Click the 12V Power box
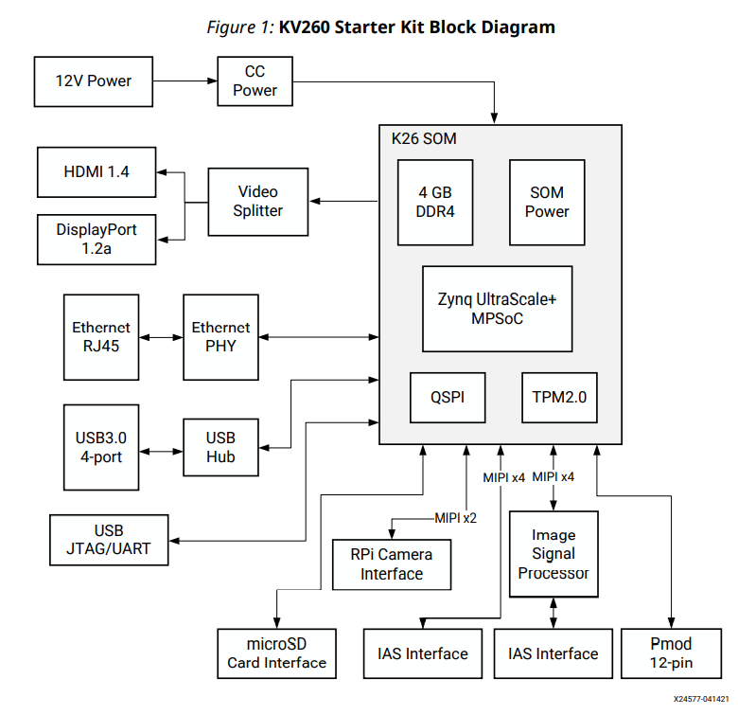[x=93, y=80]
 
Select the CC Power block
[x=255, y=80]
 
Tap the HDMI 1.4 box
[x=97, y=171]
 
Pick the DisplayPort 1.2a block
[x=97, y=240]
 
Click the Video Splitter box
[x=258, y=202]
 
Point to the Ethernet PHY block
[x=220, y=337]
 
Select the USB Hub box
[x=220, y=448]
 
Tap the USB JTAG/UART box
[x=109, y=540]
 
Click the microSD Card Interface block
[x=276, y=653]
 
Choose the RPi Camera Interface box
[x=392, y=564]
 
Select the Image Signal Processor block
[x=553, y=554]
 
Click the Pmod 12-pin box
[x=671, y=653]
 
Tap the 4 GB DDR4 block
[x=435, y=202]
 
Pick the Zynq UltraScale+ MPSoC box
[x=497, y=309]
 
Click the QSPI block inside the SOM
[x=448, y=398]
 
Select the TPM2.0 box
[x=559, y=398]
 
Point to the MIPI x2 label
[x=455, y=518]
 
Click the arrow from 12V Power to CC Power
[x=184, y=80]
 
